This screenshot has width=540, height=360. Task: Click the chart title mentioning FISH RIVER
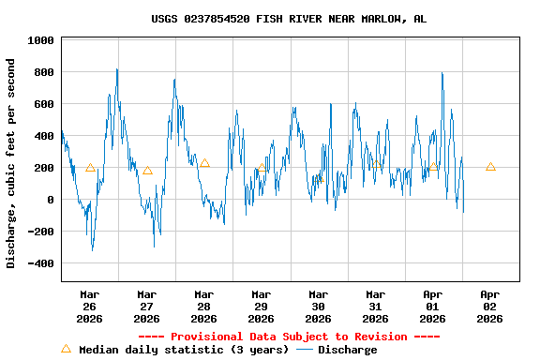[289, 19]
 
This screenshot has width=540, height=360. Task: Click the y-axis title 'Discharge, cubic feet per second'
[11, 163]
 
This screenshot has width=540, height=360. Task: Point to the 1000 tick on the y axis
[40, 40]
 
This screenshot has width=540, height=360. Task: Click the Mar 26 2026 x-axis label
[90, 306]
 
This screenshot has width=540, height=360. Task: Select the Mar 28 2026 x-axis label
[204, 306]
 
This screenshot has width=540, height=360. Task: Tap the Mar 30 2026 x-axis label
[319, 306]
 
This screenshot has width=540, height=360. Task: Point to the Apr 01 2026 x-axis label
[433, 306]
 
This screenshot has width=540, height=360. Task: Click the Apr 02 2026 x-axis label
[490, 306]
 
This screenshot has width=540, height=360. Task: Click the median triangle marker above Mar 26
[90, 168]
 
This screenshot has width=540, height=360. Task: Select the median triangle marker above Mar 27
[147, 170]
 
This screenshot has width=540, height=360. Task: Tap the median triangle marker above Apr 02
[490, 167]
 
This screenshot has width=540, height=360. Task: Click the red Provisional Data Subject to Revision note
[289, 337]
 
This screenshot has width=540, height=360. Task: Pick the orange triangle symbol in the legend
[66, 349]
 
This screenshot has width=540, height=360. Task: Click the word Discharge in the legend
[348, 350]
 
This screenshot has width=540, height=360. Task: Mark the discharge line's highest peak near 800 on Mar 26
[116, 69]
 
